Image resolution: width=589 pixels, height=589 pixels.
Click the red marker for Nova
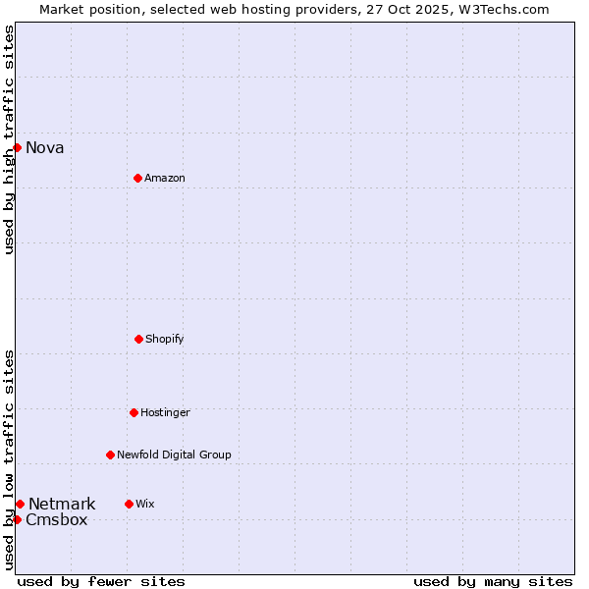pyautogui.click(x=17, y=147)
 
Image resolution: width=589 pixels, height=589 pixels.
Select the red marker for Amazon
pyautogui.click(x=137, y=178)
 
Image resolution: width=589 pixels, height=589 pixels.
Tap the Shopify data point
pyautogui.click(x=138, y=339)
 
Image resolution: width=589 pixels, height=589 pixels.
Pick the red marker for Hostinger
pyautogui.click(x=134, y=412)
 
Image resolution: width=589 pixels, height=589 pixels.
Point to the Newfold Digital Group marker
pyautogui.click(x=110, y=455)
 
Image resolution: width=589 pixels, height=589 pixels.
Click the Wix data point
pyautogui.click(x=129, y=504)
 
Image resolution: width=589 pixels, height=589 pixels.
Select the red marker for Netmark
pyautogui.click(x=20, y=504)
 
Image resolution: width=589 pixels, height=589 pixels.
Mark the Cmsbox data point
pyautogui.click(x=17, y=519)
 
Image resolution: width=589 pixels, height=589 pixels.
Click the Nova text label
pyautogui.click(x=45, y=148)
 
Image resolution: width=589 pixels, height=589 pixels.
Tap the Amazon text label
pyautogui.click(x=165, y=178)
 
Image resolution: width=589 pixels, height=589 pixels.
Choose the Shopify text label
pyautogui.click(x=165, y=339)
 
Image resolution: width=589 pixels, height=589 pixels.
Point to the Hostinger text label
pyautogui.click(x=165, y=412)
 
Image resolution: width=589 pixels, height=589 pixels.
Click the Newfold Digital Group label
pyautogui.click(x=175, y=455)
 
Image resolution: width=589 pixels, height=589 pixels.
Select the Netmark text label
pyautogui.click(x=62, y=505)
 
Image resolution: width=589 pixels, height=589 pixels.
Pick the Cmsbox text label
pyautogui.click(x=57, y=520)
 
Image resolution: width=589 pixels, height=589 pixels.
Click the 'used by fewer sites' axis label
pyautogui.click(x=101, y=581)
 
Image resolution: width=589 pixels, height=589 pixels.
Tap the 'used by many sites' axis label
pyautogui.click(x=493, y=581)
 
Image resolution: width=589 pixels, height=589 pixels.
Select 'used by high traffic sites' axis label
pyautogui.click(x=9, y=139)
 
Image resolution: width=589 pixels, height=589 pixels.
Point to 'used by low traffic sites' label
pyautogui.click(x=9, y=459)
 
